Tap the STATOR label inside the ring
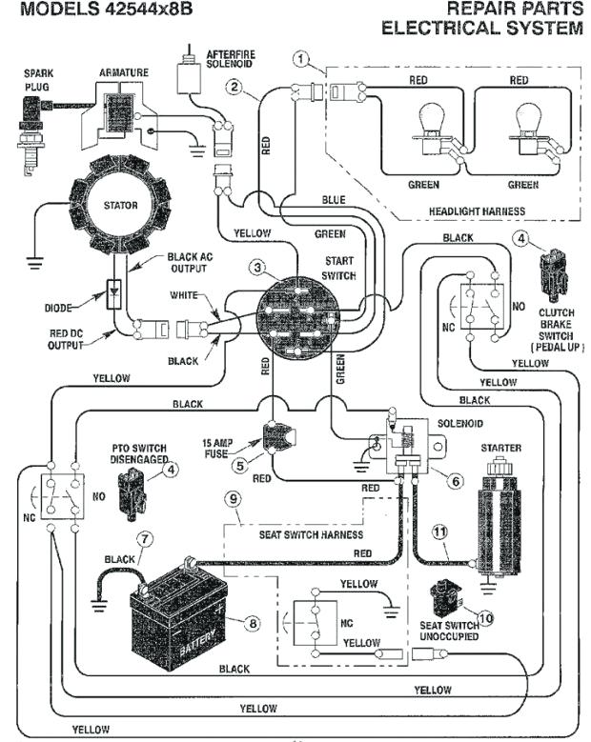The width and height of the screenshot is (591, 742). [x=120, y=205]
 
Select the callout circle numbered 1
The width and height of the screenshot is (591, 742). [x=302, y=60]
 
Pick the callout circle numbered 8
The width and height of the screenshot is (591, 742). [x=253, y=623]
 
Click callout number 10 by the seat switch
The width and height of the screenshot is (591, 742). [x=486, y=617]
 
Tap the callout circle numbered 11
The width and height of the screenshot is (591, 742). [x=439, y=532]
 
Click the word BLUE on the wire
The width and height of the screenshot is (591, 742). [x=333, y=200]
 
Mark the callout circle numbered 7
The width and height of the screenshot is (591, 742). [x=145, y=537]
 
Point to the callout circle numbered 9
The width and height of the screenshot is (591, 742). [x=231, y=496]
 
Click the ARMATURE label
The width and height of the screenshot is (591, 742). [x=124, y=72]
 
